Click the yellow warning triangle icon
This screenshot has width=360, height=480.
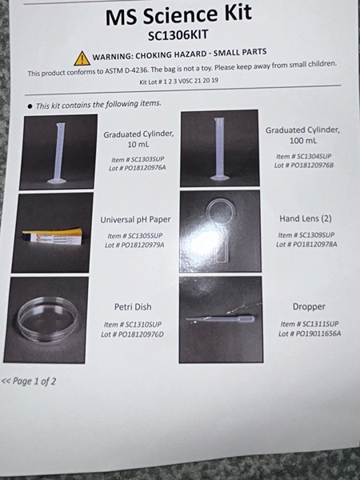[82, 58]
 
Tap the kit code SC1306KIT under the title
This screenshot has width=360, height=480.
[178, 35]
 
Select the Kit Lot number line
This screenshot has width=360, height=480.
[178, 82]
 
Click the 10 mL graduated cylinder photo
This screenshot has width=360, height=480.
[58, 152]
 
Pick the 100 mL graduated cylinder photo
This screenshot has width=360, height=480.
[220, 148]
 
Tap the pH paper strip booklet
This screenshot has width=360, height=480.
[53, 237]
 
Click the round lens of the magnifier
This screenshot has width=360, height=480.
[221, 211]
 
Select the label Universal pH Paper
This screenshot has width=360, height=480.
[136, 220]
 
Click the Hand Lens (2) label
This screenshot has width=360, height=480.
[306, 218]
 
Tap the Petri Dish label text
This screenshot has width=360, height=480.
[133, 306]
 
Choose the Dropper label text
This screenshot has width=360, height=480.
[309, 306]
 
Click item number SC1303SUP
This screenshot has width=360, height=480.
[138, 159]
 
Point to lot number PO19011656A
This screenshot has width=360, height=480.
[310, 334]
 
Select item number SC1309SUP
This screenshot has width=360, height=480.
[306, 235]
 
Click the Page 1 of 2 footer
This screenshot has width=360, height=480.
[29, 382]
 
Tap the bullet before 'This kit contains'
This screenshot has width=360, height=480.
[30, 106]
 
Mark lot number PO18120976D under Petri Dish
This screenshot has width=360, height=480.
[133, 334]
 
